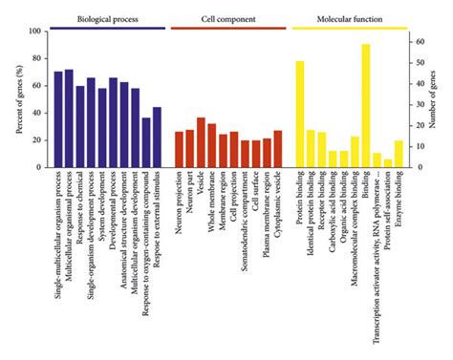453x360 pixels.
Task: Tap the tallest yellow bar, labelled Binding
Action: pyautogui.click(x=366, y=105)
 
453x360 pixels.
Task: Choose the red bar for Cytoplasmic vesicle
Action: pyautogui.click(x=278, y=149)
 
